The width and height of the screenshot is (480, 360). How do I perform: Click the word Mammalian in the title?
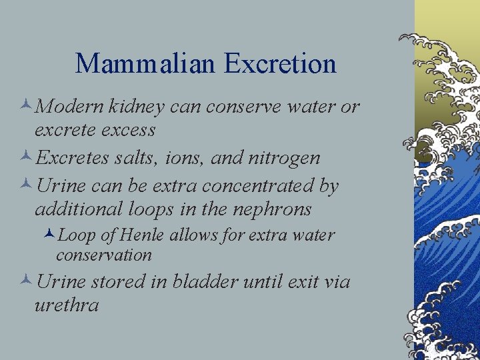point(145,64)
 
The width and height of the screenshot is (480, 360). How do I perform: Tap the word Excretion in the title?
point(280,64)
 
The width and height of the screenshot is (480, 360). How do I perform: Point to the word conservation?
point(104,255)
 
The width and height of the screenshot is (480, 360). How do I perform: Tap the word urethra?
point(67,306)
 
